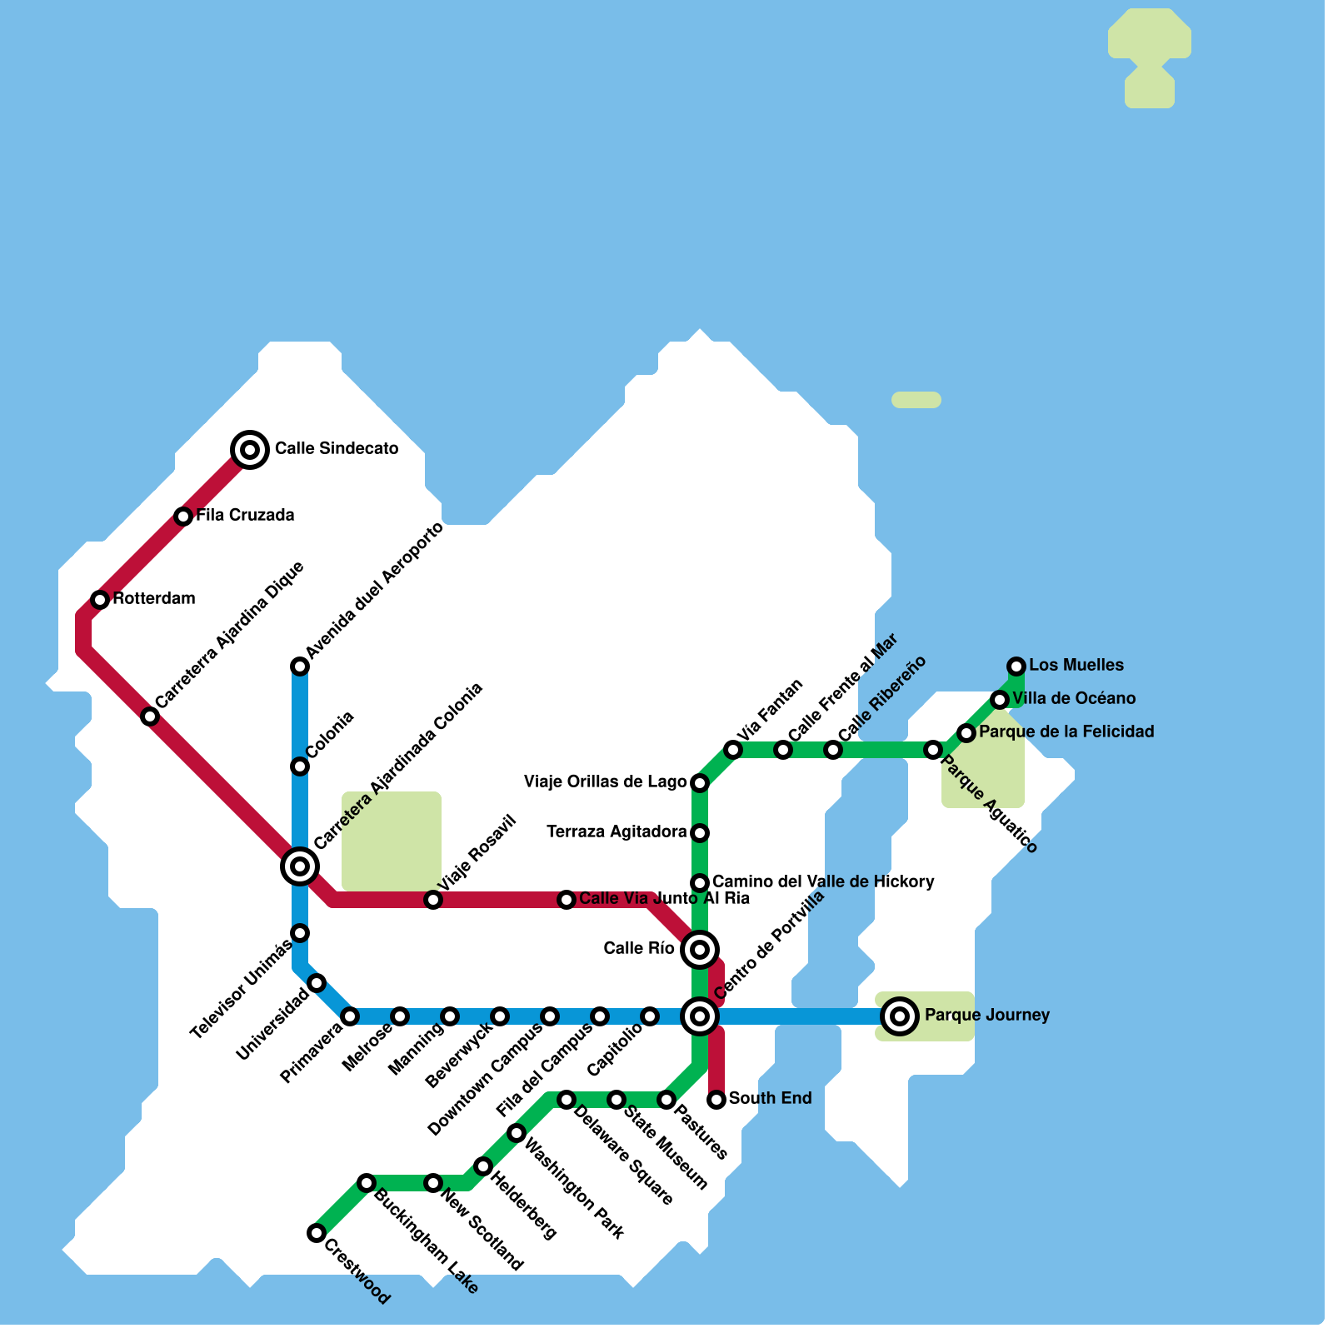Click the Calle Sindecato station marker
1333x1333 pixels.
[249, 450]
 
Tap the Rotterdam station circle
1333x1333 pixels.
[100, 600]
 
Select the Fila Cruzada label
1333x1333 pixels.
[245, 516]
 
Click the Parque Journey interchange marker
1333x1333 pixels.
[899, 1016]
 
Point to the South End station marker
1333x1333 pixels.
[716, 1100]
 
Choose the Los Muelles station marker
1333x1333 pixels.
[1016, 666]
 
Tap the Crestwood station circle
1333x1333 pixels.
[317, 1233]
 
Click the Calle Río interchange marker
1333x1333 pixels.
[700, 949]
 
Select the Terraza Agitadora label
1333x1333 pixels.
[617, 832]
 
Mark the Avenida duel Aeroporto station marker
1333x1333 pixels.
[300, 666]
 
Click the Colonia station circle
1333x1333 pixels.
[300, 766]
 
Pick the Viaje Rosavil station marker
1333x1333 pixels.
[433, 900]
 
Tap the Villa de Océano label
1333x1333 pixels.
[1074, 699]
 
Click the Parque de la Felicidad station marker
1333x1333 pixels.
[966, 733]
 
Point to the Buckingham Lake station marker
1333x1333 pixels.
[367, 1183]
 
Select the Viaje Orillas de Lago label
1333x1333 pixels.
[605, 782]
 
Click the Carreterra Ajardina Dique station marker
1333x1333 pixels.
[150, 716]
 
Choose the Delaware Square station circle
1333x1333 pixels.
[567, 1100]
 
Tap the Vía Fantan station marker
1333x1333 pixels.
[733, 750]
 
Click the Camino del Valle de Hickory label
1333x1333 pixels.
[823, 882]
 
